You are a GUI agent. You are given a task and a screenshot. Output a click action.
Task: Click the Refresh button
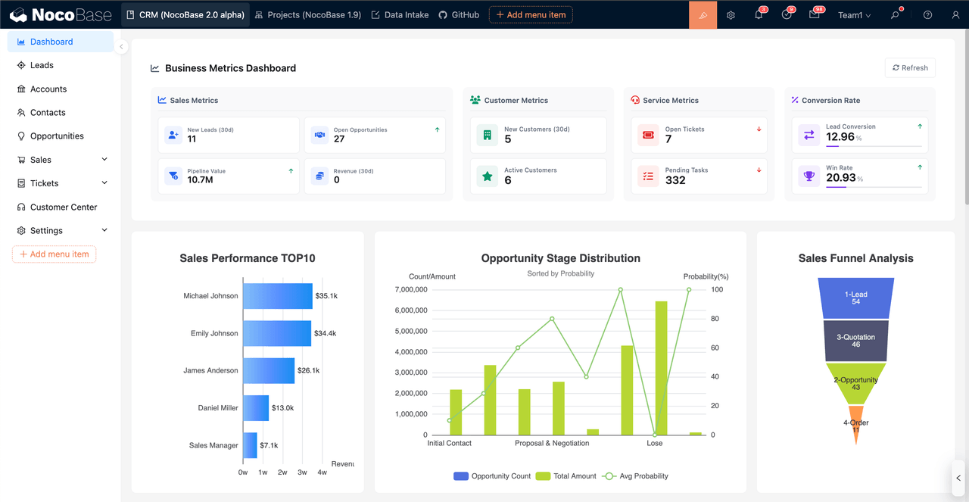(x=910, y=68)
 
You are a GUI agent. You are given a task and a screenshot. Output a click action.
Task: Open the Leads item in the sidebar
(x=42, y=66)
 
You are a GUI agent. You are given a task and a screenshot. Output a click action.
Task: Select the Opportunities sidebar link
(x=57, y=136)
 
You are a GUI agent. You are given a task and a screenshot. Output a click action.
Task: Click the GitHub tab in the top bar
(x=459, y=15)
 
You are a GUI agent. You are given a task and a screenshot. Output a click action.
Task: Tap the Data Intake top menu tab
(x=400, y=15)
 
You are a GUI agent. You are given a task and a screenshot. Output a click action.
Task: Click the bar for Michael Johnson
(x=278, y=296)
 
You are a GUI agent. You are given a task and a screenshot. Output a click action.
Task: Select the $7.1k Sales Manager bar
(x=250, y=445)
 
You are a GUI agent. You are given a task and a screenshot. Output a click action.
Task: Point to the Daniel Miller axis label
(x=218, y=408)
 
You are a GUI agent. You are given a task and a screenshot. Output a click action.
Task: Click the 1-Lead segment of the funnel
(x=855, y=298)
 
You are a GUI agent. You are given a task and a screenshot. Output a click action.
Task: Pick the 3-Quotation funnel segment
(x=855, y=341)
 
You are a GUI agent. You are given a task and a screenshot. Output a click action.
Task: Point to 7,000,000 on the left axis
(x=411, y=289)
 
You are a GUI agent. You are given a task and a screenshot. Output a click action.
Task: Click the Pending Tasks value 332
(x=675, y=180)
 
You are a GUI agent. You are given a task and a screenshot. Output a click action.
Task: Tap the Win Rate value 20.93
(x=840, y=178)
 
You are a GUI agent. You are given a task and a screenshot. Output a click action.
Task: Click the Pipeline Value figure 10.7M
(x=200, y=180)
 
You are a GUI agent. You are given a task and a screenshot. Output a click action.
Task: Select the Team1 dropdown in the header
(x=854, y=15)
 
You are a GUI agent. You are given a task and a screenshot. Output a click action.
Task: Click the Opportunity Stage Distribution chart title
(x=560, y=258)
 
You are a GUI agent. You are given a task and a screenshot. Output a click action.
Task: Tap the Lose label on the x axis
(x=655, y=443)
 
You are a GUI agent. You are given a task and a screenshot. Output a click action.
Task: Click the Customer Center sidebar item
(x=64, y=207)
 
